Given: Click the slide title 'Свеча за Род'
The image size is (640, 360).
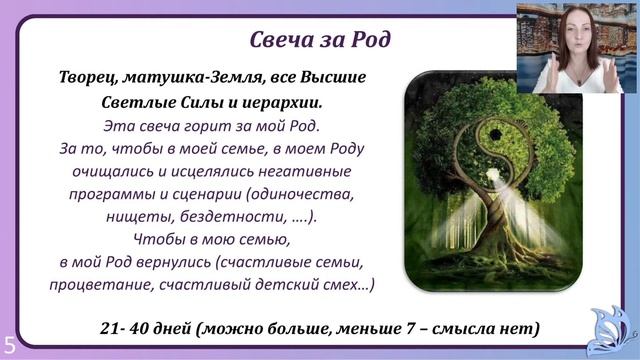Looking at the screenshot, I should pyautogui.click(x=320, y=39).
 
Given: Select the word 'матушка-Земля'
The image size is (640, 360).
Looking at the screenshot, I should pyautogui.click(x=187, y=77).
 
